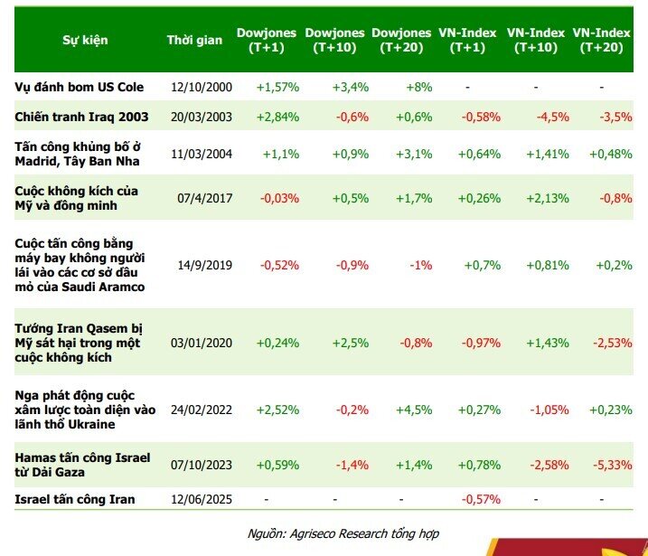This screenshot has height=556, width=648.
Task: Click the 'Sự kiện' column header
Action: point(85,40)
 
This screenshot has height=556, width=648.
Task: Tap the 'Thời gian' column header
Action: point(194,40)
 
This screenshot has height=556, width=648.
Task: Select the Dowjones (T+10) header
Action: point(334,40)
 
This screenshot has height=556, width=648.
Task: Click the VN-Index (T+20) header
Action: point(601,40)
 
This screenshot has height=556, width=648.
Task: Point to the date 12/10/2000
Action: point(202,87)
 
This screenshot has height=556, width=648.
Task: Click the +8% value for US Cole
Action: point(419,87)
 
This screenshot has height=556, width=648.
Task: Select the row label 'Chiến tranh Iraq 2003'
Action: point(81,117)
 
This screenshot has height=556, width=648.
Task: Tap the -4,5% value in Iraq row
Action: point(552,117)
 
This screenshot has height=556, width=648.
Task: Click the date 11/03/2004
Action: point(202,155)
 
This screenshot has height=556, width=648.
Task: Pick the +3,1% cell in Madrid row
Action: point(414,155)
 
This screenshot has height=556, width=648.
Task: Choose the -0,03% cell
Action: point(279,198)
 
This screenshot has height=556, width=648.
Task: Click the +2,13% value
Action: point(548,198)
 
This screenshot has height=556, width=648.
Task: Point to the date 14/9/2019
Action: point(205,265)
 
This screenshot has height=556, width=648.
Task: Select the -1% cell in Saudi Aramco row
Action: point(421,265)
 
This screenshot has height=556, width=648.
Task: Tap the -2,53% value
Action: point(613,344)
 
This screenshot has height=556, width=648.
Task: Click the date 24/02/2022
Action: point(202,410)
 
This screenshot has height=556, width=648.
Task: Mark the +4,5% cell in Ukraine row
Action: point(414,410)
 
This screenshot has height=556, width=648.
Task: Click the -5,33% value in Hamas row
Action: point(613,465)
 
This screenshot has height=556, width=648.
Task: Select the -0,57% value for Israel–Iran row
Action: point(481,499)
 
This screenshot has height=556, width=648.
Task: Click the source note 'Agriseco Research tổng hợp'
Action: point(364,533)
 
